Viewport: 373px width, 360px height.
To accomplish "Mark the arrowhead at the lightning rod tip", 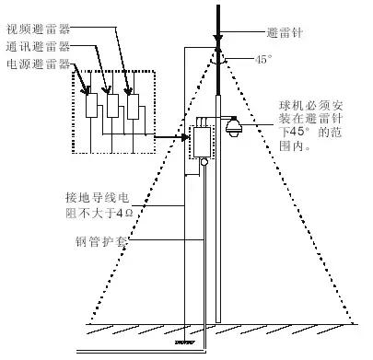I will click(217, 41).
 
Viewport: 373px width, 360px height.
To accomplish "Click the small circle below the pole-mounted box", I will click(204, 163).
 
